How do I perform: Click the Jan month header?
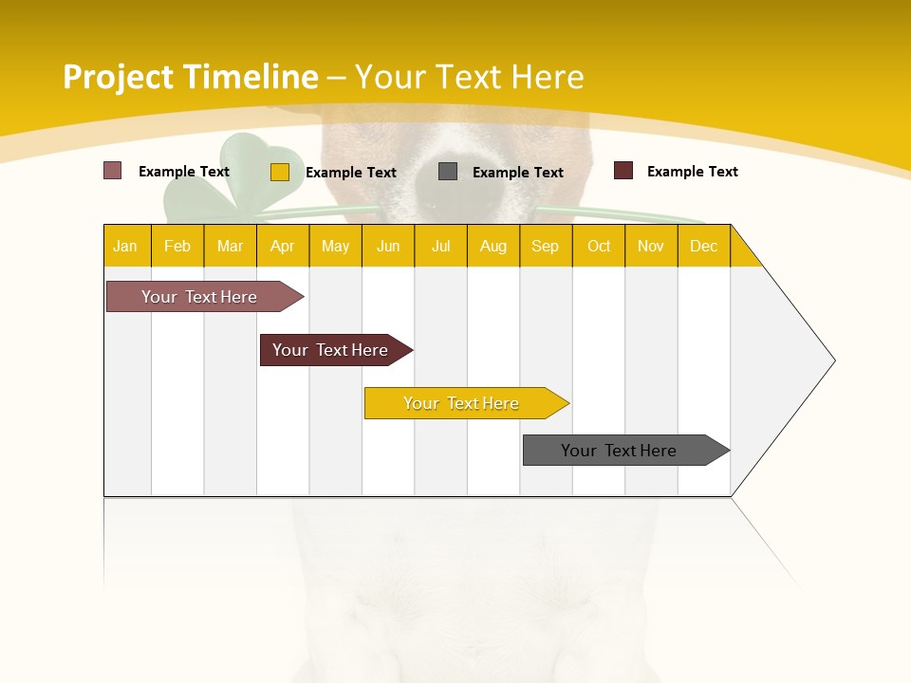click(x=126, y=246)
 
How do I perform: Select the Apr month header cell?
click(x=283, y=246)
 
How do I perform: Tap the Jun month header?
click(x=388, y=246)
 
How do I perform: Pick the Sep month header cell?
click(x=546, y=246)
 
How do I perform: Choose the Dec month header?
click(x=703, y=246)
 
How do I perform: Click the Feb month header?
click(x=177, y=246)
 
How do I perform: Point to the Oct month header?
click(x=599, y=246)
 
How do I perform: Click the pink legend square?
click(x=112, y=171)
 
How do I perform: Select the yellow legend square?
click(x=280, y=172)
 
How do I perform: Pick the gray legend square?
click(x=448, y=172)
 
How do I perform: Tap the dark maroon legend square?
click(x=623, y=171)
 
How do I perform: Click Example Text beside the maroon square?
click(x=692, y=172)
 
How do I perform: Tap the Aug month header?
click(x=493, y=246)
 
